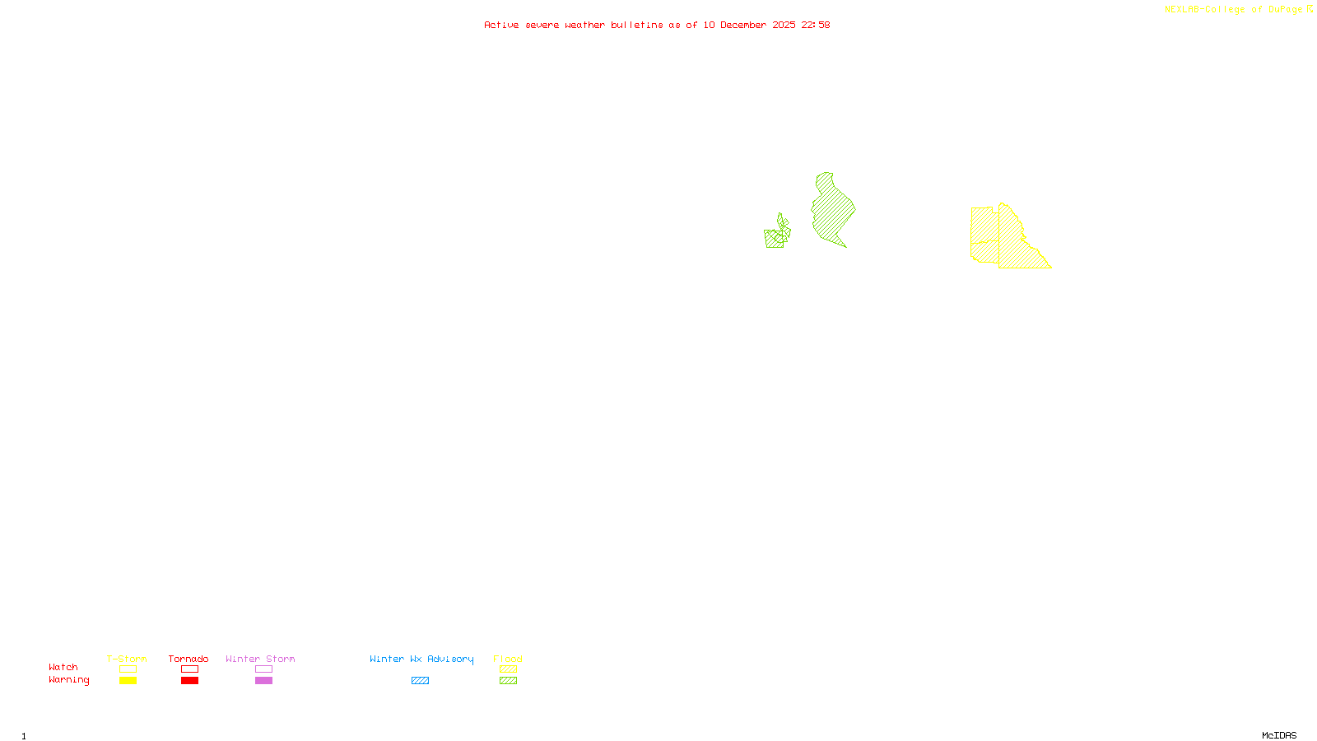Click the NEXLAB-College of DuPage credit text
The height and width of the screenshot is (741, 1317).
(x=1234, y=10)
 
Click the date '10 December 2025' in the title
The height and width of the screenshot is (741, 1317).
(x=749, y=25)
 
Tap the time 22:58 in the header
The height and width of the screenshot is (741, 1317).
(x=816, y=25)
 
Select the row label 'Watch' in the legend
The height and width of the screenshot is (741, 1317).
(x=63, y=667)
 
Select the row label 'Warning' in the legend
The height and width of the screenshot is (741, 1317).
(x=69, y=680)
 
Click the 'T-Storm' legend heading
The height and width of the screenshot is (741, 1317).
(x=127, y=659)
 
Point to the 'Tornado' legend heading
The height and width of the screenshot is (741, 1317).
(x=188, y=659)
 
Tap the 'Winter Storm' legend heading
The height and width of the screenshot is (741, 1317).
(x=260, y=659)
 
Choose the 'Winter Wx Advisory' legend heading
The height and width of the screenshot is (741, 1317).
(x=421, y=659)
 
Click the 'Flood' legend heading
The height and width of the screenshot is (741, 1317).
(x=508, y=659)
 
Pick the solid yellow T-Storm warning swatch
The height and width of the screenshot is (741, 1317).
(x=128, y=681)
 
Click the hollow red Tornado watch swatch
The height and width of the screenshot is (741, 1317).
(x=189, y=669)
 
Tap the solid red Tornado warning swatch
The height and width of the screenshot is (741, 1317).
(x=189, y=681)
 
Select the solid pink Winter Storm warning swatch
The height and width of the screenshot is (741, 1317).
(x=263, y=681)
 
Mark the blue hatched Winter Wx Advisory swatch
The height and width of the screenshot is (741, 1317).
(x=420, y=681)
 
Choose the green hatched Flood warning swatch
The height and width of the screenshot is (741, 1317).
(x=508, y=681)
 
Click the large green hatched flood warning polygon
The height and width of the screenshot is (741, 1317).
(x=831, y=210)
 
